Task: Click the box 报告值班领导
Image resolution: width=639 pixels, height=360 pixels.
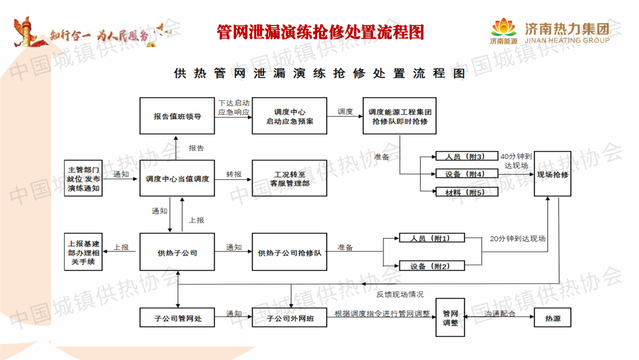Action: [x=177, y=116]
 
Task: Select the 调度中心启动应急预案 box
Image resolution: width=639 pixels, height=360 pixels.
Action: [x=289, y=116]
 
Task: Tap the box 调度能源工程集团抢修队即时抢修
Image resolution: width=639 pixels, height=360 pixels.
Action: [x=399, y=116]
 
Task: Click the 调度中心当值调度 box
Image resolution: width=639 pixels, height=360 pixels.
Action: [x=177, y=178]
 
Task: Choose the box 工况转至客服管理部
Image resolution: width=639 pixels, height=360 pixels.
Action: [x=289, y=178]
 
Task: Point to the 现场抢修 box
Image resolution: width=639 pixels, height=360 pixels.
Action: [x=553, y=174]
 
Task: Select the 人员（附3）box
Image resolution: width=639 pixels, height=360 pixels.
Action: [x=460, y=157]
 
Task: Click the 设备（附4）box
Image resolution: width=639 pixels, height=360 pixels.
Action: [x=460, y=174]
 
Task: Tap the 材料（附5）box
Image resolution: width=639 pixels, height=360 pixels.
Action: [x=460, y=192]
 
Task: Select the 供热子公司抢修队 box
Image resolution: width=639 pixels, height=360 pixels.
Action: [x=289, y=252]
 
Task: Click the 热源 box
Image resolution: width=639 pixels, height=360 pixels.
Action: [x=553, y=319]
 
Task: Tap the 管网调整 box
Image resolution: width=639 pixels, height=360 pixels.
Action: [x=450, y=319]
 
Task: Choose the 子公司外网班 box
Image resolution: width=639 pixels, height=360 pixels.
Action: [x=289, y=319]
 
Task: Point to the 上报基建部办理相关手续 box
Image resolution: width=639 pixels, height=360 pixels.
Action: [x=83, y=252]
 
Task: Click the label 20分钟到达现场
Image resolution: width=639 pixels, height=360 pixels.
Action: [x=518, y=239]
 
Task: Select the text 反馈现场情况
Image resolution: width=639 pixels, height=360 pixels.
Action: [x=400, y=294]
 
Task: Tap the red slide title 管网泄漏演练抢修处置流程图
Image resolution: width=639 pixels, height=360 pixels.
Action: [x=320, y=32]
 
